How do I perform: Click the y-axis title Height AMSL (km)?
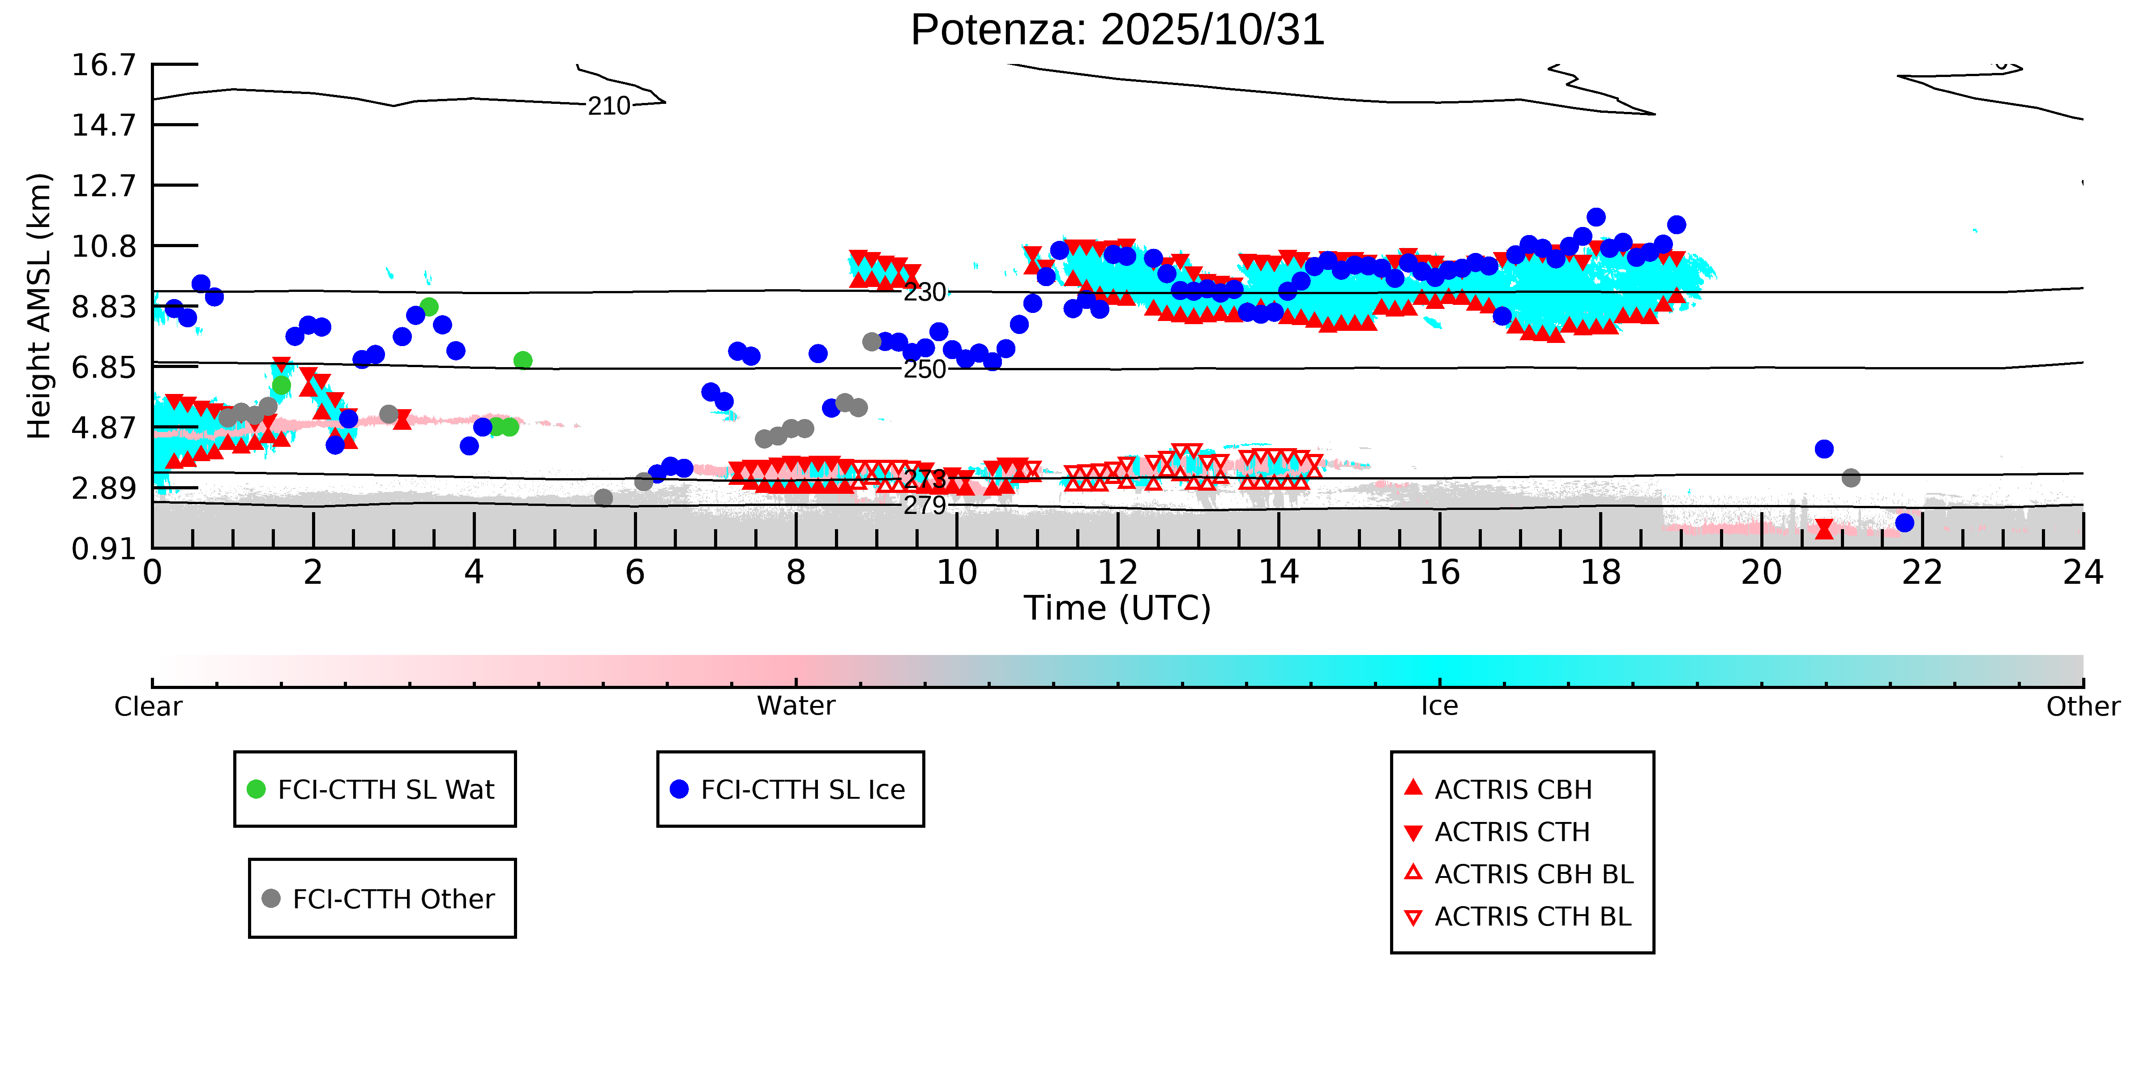pyautogui.click(x=39, y=306)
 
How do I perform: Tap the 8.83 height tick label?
pyautogui.click(x=103, y=307)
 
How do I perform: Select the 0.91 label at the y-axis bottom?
pyautogui.click(x=103, y=549)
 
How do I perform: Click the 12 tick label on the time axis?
pyautogui.click(x=1117, y=573)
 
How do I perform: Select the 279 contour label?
pyautogui.click(x=925, y=505)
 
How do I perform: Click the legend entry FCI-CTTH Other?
pyautogui.click(x=393, y=899)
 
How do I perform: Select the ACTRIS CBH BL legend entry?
pyautogui.click(x=1532, y=874)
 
